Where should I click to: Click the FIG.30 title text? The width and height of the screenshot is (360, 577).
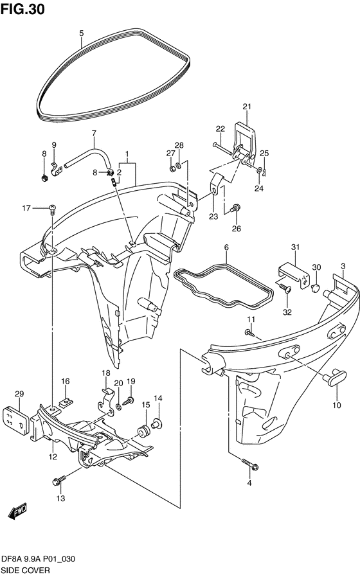tap(22, 9)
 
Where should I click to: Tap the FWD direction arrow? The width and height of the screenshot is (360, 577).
tap(17, 511)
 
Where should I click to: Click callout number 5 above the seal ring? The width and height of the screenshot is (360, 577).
tap(82, 33)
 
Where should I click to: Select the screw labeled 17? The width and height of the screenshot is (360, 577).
tap(52, 209)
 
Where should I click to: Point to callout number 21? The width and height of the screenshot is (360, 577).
tap(247, 107)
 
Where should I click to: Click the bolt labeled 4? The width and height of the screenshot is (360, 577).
tap(250, 464)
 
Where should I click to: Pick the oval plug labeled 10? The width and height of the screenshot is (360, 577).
tap(334, 378)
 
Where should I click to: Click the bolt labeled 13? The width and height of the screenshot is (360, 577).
tap(60, 479)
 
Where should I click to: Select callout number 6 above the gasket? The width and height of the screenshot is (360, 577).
tap(226, 247)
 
